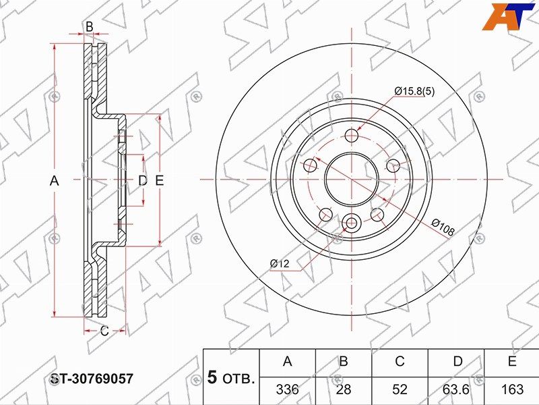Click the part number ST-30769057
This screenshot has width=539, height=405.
point(92,379)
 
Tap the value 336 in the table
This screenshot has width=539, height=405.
point(288,389)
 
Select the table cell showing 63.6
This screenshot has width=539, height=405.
point(456,389)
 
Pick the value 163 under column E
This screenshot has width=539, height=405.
point(512,389)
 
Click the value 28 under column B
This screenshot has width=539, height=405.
point(344,389)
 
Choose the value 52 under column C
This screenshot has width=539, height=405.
point(400,389)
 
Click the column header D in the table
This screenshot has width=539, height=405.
point(457,361)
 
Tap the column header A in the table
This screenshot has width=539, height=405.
point(288,361)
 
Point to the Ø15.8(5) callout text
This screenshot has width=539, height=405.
point(414,91)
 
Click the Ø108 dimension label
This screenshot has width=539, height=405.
point(443,227)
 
